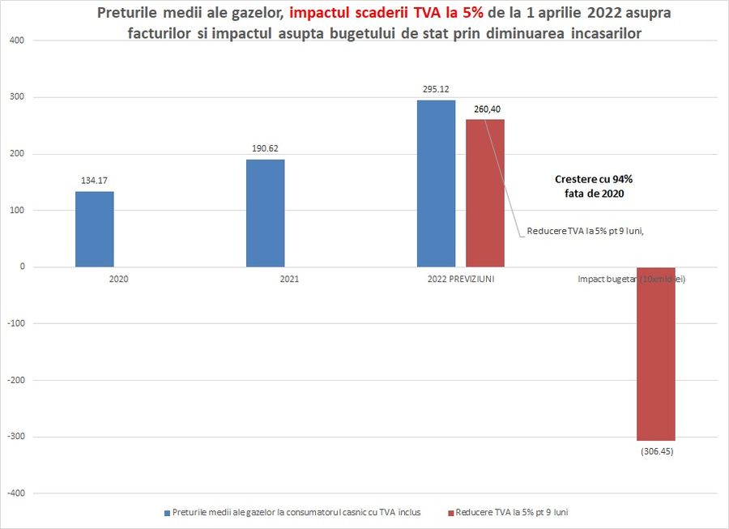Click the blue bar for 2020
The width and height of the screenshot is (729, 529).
(x=94, y=229)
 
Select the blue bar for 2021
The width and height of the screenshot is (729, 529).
(x=265, y=213)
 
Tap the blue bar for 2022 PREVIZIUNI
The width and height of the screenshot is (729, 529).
(x=436, y=183)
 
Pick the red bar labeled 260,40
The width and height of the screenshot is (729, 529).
(x=484, y=193)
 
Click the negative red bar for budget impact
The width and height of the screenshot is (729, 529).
(x=655, y=353)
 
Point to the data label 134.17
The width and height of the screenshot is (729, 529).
(x=94, y=182)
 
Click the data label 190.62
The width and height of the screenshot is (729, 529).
(x=265, y=149)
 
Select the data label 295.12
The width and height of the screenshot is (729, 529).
(x=436, y=90)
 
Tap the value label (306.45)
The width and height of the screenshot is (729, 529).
(x=655, y=450)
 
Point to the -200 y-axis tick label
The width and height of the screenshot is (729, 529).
(x=14, y=381)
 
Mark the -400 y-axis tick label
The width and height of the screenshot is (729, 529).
(x=14, y=493)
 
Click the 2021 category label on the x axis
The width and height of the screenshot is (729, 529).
(x=289, y=279)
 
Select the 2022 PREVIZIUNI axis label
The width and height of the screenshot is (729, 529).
(x=460, y=279)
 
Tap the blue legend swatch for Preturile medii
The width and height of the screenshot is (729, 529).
(x=167, y=513)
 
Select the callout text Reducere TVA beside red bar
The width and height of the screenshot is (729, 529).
(x=584, y=231)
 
